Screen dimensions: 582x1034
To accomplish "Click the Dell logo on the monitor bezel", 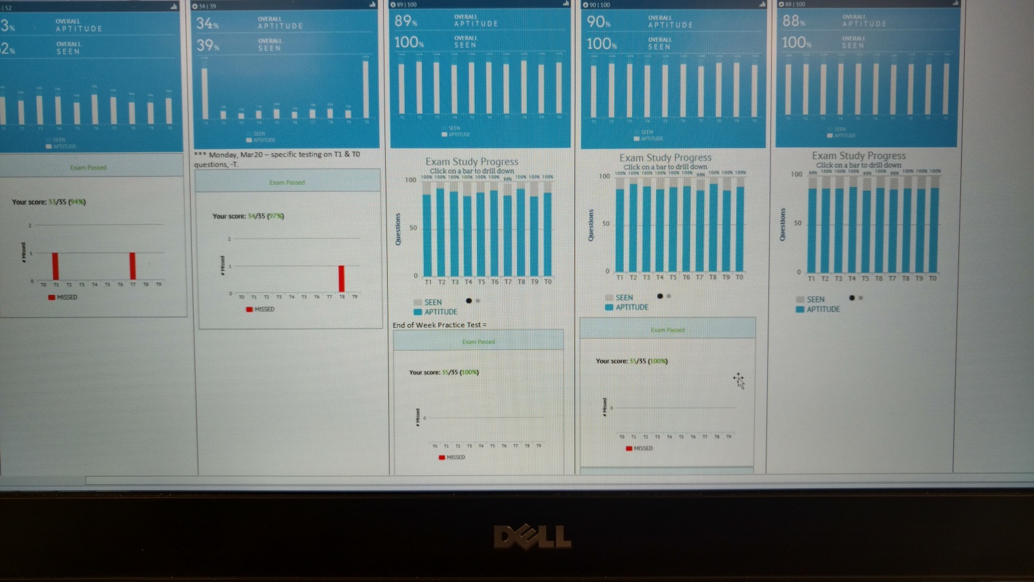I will pyautogui.click(x=532, y=537).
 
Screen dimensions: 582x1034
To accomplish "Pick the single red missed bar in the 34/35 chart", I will pyautogui.click(x=341, y=279).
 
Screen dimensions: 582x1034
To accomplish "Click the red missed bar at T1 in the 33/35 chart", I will pyautogui.click(x=56, y=266).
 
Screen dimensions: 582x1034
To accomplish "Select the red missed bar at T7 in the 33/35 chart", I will pyautogui.click(x=132, y=266).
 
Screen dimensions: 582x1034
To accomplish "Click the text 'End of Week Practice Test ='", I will pyautogui.click(x=439, y=325).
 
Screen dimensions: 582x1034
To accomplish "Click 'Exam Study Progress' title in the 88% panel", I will pyautogui.click(x=858, y=155).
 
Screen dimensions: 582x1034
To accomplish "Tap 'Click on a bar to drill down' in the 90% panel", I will pyautogui.click(x=665, y=166).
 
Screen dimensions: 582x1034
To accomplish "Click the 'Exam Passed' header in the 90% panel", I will pyautogui.click(x=667, y=330).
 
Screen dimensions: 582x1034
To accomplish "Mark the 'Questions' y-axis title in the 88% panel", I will pyautogui.click(x=783, y=224).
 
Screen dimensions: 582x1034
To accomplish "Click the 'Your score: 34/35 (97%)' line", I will pyautogui.click(x=248, y=216).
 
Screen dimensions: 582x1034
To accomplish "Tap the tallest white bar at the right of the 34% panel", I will pyautogui.click(x=366, y=90).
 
